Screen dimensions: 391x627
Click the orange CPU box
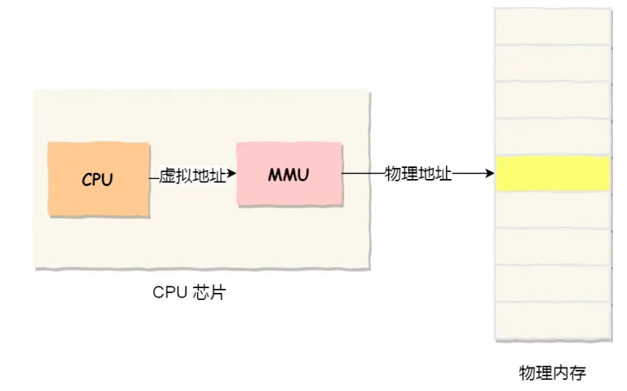tap(97, 179)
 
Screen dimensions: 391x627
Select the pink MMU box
tap(289, 174)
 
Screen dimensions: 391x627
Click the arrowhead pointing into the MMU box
tap(232, 174)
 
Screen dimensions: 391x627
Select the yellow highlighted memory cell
tap(553, 174)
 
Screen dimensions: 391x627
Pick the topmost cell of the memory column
tap(553, 26)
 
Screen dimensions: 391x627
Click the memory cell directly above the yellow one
tap(553, 137)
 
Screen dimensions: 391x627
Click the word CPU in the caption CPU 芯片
tap(170, 293)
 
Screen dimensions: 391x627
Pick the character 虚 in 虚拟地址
tap(167, 175)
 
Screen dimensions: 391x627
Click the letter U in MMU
tap(303, 174)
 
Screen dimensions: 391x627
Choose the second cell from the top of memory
tap(553, 63)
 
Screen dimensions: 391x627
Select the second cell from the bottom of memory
tap(553, 284)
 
